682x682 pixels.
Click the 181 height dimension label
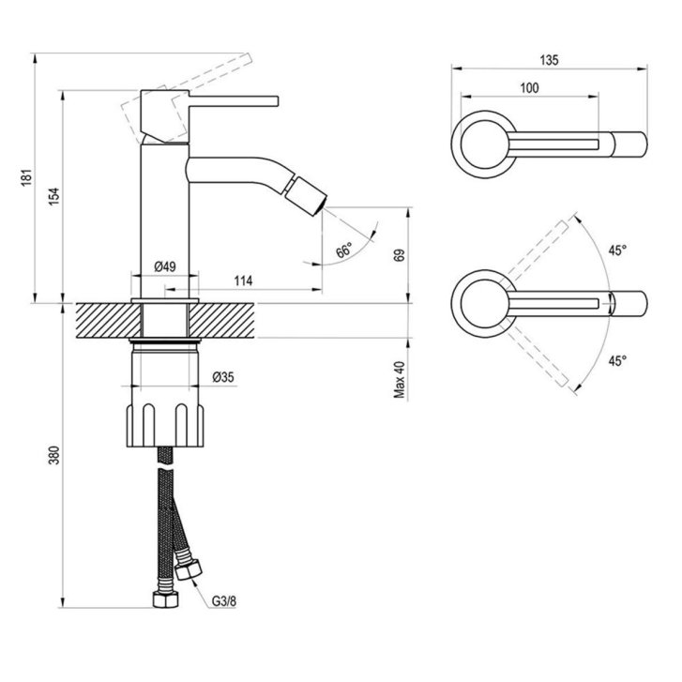click(x=26, y=177)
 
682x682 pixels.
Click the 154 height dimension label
click(x=53, y=197)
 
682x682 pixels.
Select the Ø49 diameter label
click(x=165, y=266)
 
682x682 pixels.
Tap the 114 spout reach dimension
click(x=243, y=281)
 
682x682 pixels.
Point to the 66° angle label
click(x=344, y=250)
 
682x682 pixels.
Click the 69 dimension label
click(x=399, y=255)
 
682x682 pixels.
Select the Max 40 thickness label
click(x=399, y=379)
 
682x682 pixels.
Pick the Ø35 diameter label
click(x=223, y=377)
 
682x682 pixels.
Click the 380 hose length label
click(x=53, y=455)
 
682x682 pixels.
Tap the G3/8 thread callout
click(x=224, y=601)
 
